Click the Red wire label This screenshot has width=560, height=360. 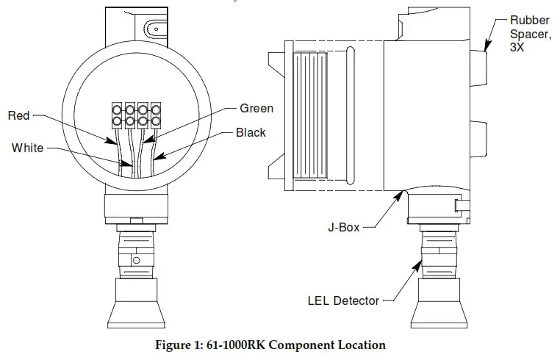pos(19,115)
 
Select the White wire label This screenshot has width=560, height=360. pos(26,148)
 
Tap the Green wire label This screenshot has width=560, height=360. pos(256,109)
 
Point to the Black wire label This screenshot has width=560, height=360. pos(251,133)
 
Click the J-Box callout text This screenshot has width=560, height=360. pos(342,228)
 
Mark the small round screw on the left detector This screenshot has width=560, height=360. pos(134,259)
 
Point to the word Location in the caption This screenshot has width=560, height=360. pos(361,344)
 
